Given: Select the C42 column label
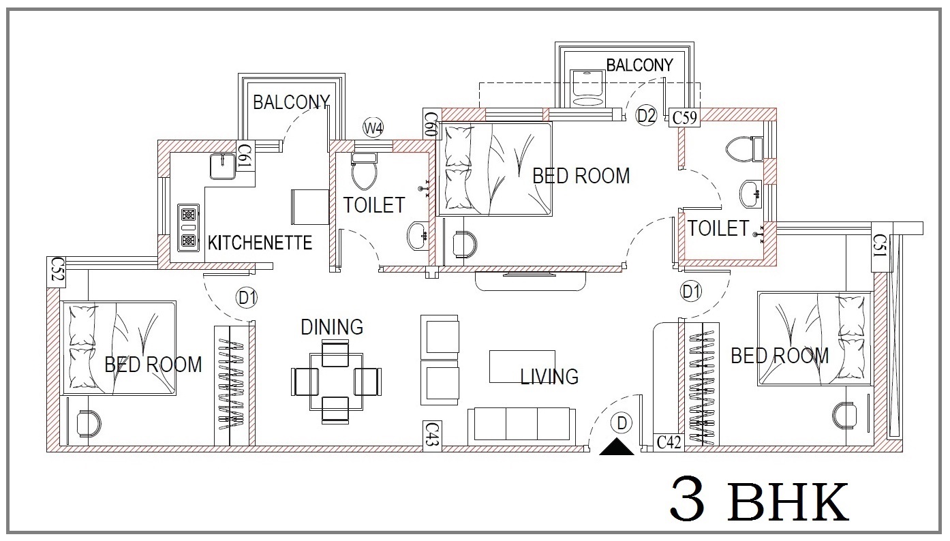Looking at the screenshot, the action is pyautogui.click(x=669, y=443).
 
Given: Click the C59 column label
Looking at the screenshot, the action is pyautogui.click(x=685, y=117).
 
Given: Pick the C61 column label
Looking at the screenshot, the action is pyautogui.click(x=245, y=155).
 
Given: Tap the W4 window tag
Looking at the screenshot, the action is pyautogui.click(x=373, y=127).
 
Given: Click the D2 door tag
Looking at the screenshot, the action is pyautogui.click(x=646, y=115).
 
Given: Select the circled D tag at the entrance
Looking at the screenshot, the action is pyautogui.click(x=622, y=423).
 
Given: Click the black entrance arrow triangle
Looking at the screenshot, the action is pyautogui.click(x=617, y=447).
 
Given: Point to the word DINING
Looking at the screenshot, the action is pyautogui.click(x=332, y=327).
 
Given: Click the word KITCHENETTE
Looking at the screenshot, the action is pyautogui.click(x=260, y=243).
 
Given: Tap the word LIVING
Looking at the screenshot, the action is pyautogui.click(x=550, y=377).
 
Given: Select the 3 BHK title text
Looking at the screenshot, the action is pyautogui.click(x=759, y=499).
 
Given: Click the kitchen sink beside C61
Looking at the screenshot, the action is pyautogui.click(x=223, y=167).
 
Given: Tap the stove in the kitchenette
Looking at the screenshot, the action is pyautogui.click(x=188, y=228).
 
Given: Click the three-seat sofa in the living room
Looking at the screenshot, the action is pyautogui.click(x=521, y=427).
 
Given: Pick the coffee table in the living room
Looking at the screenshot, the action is pyautogui.click(x=522, y=367).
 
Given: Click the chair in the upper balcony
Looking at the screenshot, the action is pyautogui.click(x=587, y=88).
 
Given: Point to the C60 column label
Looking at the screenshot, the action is pyautogui.click(x=431, y=124).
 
